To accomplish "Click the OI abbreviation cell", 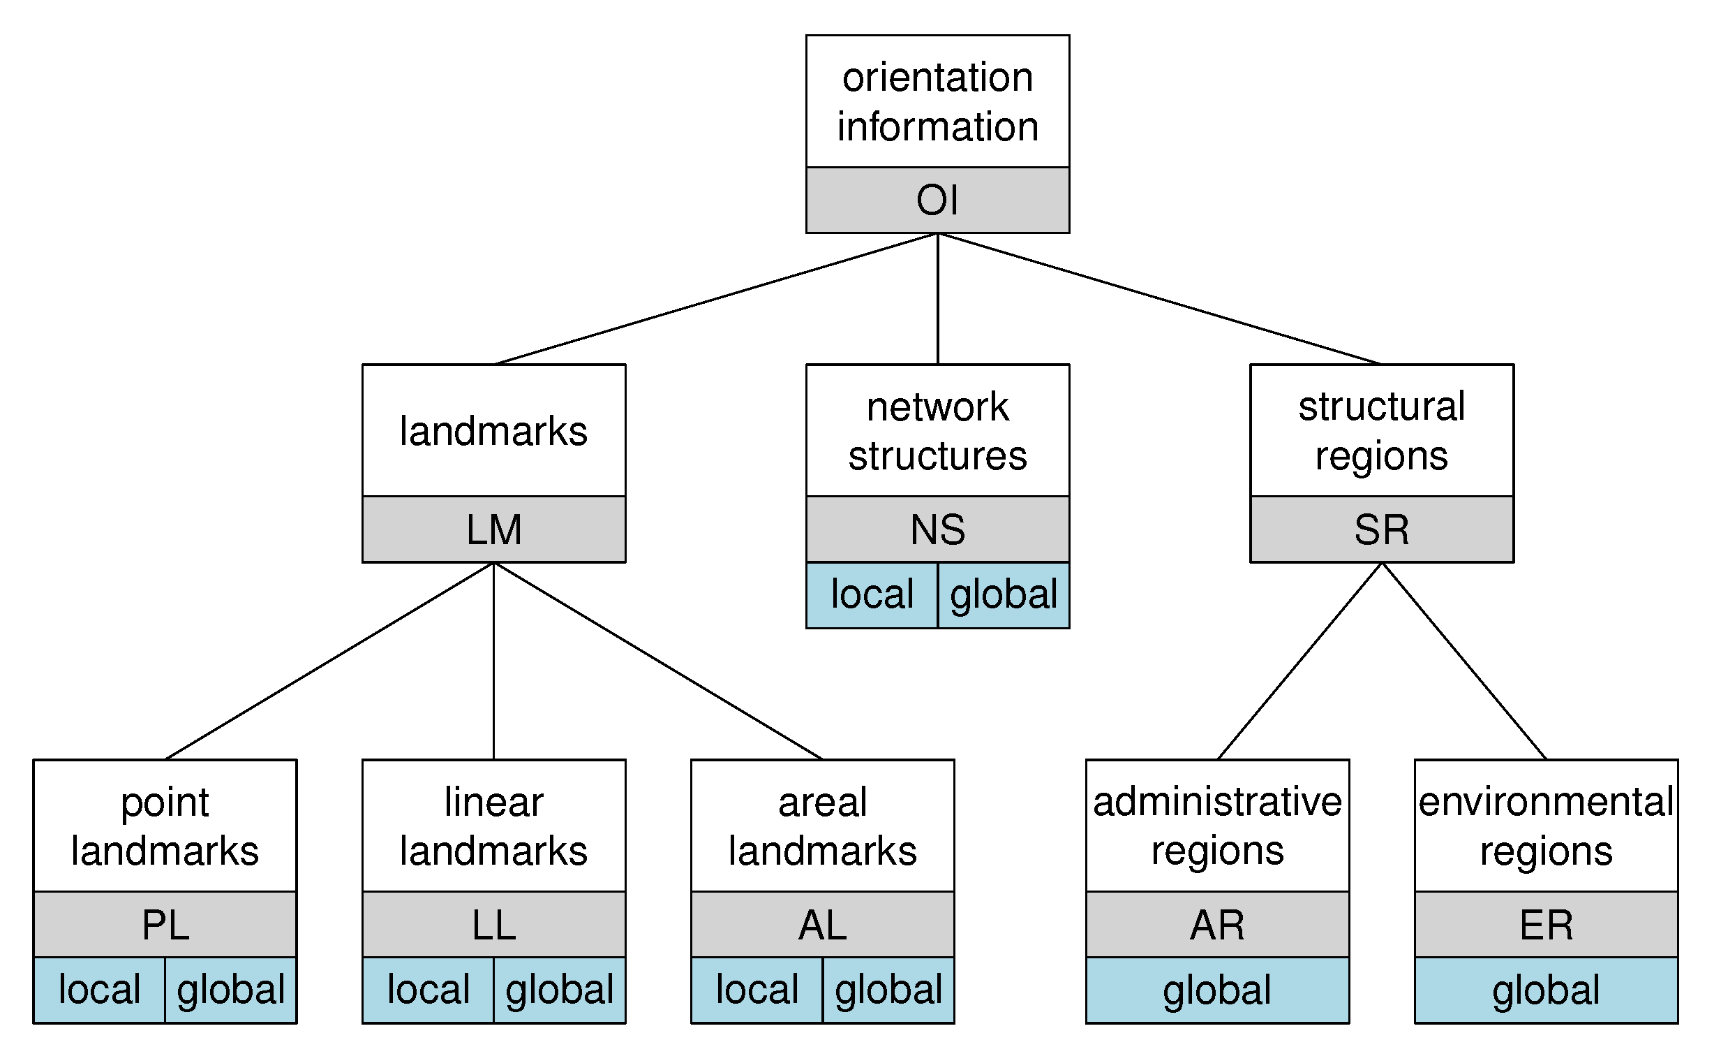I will pyautogui.click(x=937, y=200).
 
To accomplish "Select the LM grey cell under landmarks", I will pyautogui.click(x=494, y=529).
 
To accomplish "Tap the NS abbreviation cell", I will pyautogui.click(x=937, y=529).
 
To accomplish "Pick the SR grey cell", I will pyautogui.click(x=1382, y=529).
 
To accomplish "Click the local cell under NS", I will pyautogui.click(x=872, y=595).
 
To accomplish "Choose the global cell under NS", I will pyautogui.click(x=1004, y=595).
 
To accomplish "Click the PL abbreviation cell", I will pyautogui.click(x=165, y=924).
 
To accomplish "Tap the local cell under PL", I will pyautogui.click(x=99, y=990).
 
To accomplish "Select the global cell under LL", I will pyautogui.click(x=560, y=990).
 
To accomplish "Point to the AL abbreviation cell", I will pyautogui.click(x=822, y=924).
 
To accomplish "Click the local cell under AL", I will pyautogui.click(x=757, y=990).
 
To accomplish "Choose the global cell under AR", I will pyautogui.click(x=1217, y=990).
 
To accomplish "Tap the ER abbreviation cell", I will pyautogui.click(x=1546, y=924).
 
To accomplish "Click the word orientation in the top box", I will pyautogui.click(x=937, y=77).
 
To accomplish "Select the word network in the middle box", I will pyautogui.click(x=937, y=407).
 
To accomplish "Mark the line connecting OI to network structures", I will pyautogui.click(x=937, y=299).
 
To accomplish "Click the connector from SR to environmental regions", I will pyautogui.click(x=1464, y=661).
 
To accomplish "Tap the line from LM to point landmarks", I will pyautogui.click(x=329, y=661).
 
